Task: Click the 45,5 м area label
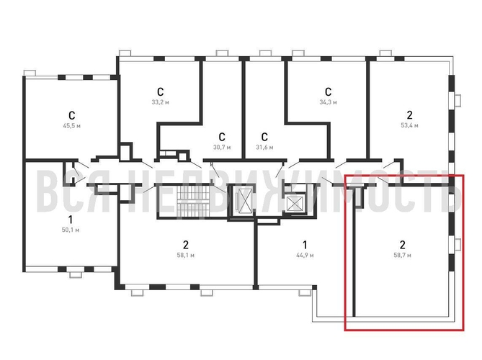[71, 125]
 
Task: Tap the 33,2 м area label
[161, 102]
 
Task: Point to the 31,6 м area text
[264, 147]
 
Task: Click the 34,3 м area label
[327, 102]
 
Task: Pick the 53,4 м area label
[410, 125]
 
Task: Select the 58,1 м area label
[185, 255]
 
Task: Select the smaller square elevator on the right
[296, 203]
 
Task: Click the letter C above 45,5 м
[71, 114]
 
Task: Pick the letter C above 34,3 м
[327, 91]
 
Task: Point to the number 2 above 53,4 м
[410, 114]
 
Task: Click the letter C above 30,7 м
[222, 136]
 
